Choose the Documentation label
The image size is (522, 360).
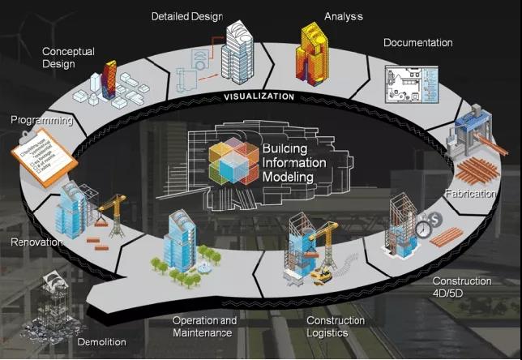pyautogui.click(x=417, y=42)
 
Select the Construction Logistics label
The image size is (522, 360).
pyautogui.click(x=335, y=327)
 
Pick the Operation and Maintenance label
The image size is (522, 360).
pyautogui.click(x=204, y=327)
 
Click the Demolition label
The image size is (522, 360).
pyautogui.click(x=101, y=342)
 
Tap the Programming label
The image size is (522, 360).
pyautogui.click(x=41, y=121)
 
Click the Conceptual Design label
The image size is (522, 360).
pyautogui.click(x=68, y=58)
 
